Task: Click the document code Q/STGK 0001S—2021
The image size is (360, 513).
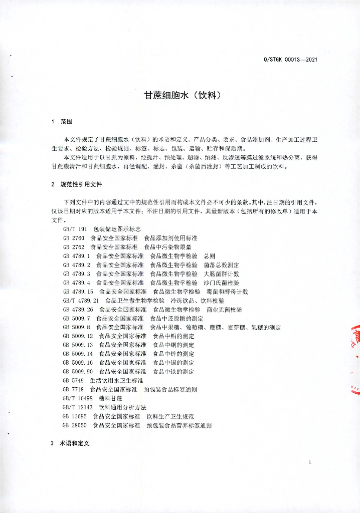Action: coord(290,60)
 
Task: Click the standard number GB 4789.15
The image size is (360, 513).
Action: coord(78,292)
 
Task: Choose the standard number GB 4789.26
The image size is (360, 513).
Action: coord(78,310)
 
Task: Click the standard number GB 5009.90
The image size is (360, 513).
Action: coord(78,372)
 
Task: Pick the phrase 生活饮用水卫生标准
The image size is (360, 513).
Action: coord(116,381)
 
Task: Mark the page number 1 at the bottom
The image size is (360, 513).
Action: coord(311,461)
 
